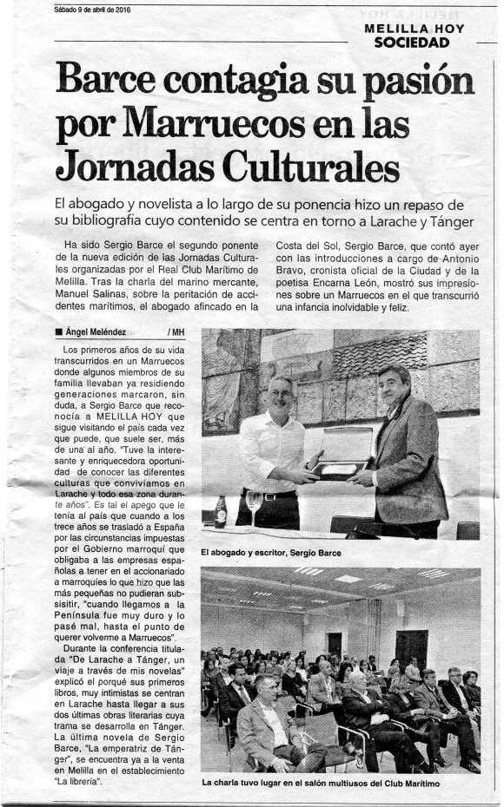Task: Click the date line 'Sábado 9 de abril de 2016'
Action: pyautogui.click(x=85, y=10)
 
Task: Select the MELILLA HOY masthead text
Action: pyautogui.click(x=414, y=29)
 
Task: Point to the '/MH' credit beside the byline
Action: pyautogui.click(x=178, y=331)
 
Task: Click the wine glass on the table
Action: pyautogui.click(x=254, y=504)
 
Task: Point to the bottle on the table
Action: pyautogui.click(x=221, y=510)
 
